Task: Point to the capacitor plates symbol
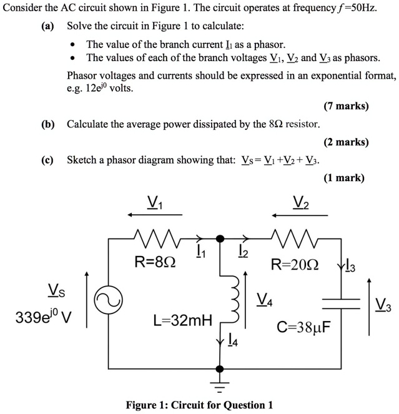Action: (x=341, y=303)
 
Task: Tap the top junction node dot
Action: (x=219, y=238)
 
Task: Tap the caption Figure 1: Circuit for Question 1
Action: (x=199, y=405)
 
